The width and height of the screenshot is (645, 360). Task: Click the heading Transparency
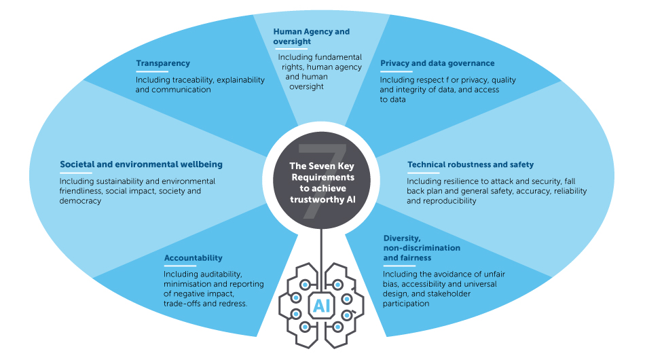click(163, 64)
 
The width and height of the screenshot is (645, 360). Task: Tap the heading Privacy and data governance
click(437, 63)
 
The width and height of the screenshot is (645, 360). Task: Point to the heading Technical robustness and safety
click(470, 164)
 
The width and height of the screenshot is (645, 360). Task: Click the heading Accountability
click(193, 258)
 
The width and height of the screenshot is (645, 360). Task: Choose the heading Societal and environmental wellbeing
click(141, 164)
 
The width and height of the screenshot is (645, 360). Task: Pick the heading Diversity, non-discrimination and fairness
click(421, 248)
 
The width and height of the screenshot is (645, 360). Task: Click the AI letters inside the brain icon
click(320, 306)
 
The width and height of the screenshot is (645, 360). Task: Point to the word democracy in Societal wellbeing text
click(80, 201)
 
